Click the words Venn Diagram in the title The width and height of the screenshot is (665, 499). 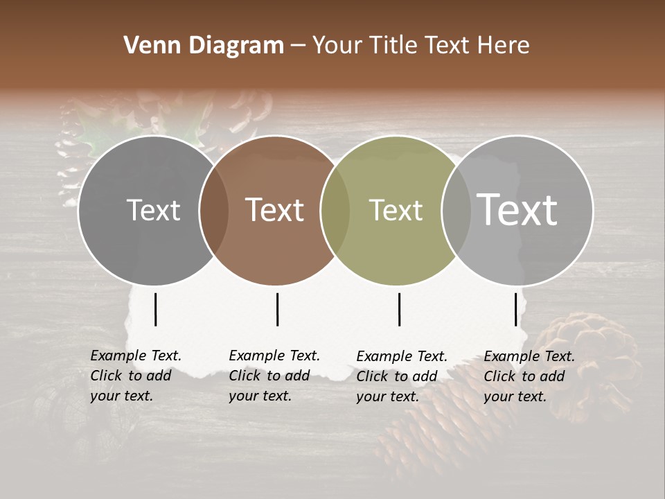tap(204, 46)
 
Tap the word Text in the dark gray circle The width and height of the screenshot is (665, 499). tap(153, 210)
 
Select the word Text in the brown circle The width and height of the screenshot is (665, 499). tap(275, 210)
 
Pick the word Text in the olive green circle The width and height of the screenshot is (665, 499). tap(396, 210)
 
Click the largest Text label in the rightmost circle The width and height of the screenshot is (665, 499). tap(517, 210)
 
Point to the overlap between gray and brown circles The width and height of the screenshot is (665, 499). tap(214, 210)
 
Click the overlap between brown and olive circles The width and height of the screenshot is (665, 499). tap(335, 210)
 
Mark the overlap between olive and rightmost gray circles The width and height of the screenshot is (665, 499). tap(456, 210)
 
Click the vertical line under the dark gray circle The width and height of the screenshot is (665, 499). tap(156, 309)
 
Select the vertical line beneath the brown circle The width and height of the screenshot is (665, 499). tap(277, 309)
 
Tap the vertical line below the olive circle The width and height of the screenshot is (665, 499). tap(400, 309)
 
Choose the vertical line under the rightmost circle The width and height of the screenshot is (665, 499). tap(516, 309)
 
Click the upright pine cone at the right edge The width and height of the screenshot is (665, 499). tap(589, 360)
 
